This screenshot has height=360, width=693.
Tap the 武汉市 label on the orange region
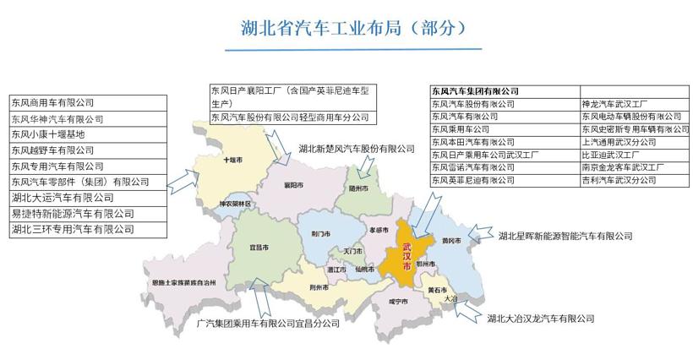click(x=408, y=255)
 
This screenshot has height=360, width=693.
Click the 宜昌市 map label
click(x=259, y=248)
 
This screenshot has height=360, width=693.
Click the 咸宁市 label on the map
click(x=399, y=302)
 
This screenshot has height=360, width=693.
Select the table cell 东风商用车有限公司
click(x=51, y=102)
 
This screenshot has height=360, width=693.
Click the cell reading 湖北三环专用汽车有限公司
click(x=73, y=229)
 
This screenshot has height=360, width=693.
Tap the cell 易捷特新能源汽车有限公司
click(x=73, y=213)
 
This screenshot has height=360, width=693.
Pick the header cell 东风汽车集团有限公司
click(x=475, y=90)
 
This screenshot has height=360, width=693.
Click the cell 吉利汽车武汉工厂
click(x=619, y=180)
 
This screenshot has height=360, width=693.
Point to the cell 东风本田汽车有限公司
click(x=472, y=142)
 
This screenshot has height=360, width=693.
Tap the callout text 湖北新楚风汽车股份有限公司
click(x=357, y=149)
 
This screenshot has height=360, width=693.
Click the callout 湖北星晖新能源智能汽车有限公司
click(x=565, y=236)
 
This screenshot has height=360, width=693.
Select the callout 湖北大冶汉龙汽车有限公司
click(x=540, y=319)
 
